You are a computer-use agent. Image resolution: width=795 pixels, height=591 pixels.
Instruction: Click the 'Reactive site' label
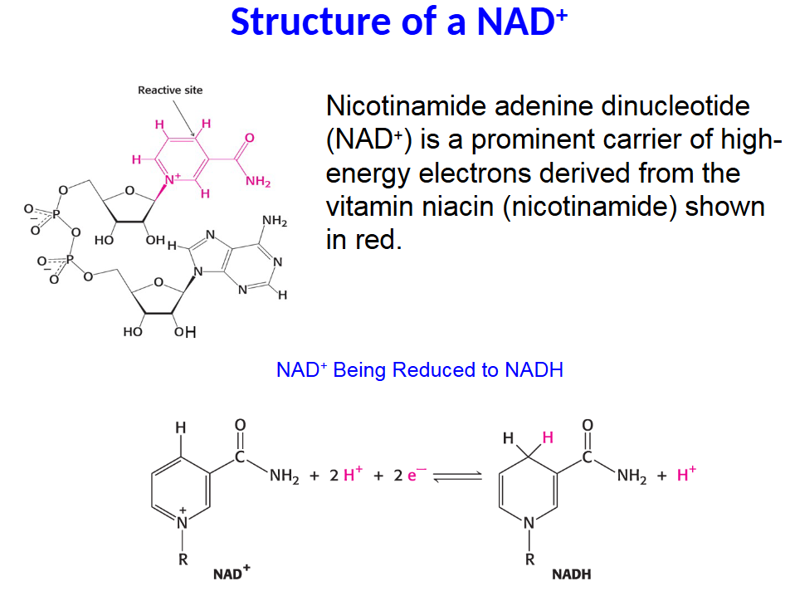click(170, 90)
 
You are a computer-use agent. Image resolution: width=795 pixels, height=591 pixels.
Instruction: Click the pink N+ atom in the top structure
click(173, 179)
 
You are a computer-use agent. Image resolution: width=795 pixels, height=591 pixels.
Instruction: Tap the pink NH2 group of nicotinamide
click(258, 181)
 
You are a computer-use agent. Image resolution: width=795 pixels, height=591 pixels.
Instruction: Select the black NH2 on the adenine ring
click(275, 220)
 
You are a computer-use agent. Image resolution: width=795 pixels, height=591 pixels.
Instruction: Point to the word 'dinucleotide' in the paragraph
click(676, 106)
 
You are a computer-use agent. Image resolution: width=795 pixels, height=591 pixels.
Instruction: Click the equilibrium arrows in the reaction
click(458, 476)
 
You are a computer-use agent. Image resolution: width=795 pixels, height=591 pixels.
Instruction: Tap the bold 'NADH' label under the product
click(572, 574)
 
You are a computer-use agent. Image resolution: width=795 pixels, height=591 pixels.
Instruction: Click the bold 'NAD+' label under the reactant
click(232, 574)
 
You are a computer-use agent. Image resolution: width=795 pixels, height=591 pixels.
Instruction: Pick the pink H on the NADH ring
click(548, 437)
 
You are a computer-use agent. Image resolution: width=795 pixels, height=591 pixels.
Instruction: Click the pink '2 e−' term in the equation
click(410, 475)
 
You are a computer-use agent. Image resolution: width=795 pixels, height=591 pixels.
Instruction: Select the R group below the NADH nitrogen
click(529, 559)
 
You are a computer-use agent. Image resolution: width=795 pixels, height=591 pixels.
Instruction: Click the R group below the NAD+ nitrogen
click(183, 559)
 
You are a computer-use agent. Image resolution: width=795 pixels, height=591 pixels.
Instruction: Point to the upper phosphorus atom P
click(56, 214)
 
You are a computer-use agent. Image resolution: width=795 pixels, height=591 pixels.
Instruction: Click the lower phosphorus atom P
click(70, 259)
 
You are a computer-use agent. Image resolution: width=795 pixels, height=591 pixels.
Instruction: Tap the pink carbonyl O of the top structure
click(250, 138)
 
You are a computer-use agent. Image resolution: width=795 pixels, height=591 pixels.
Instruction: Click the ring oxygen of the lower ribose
click(159, 282)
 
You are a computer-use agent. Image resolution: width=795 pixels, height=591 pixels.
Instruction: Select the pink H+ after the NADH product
click(686, 474)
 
